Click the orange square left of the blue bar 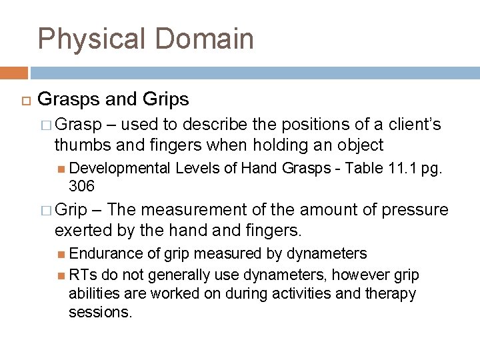(x=13, y=73)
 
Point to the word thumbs (x=80, y=145)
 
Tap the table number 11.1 (x=400, y=168)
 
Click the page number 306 (x=82, y=185)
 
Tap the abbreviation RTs (x=81, y=275)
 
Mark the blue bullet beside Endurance (x=61, y=254)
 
